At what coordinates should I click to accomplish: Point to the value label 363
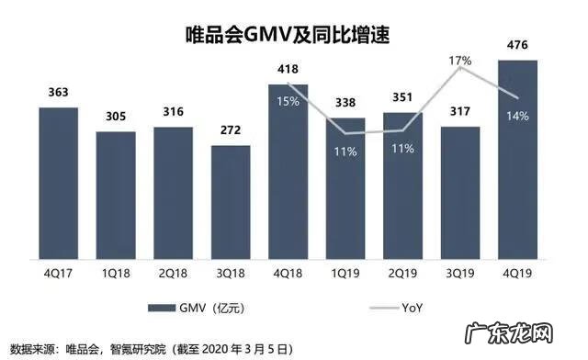58,93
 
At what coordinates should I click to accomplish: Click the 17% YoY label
459,61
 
